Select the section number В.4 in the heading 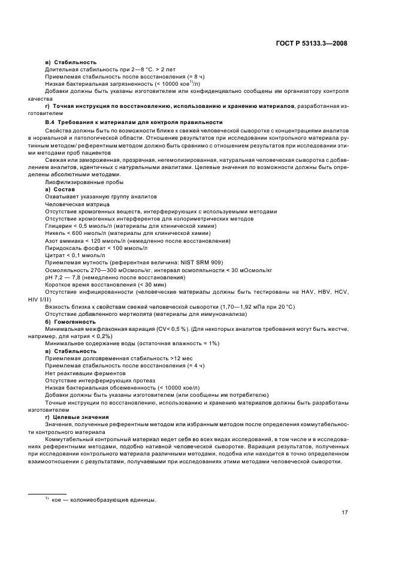point(50,122)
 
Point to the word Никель point(56,233)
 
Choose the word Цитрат point(55,255)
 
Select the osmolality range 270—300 point(97,270)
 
